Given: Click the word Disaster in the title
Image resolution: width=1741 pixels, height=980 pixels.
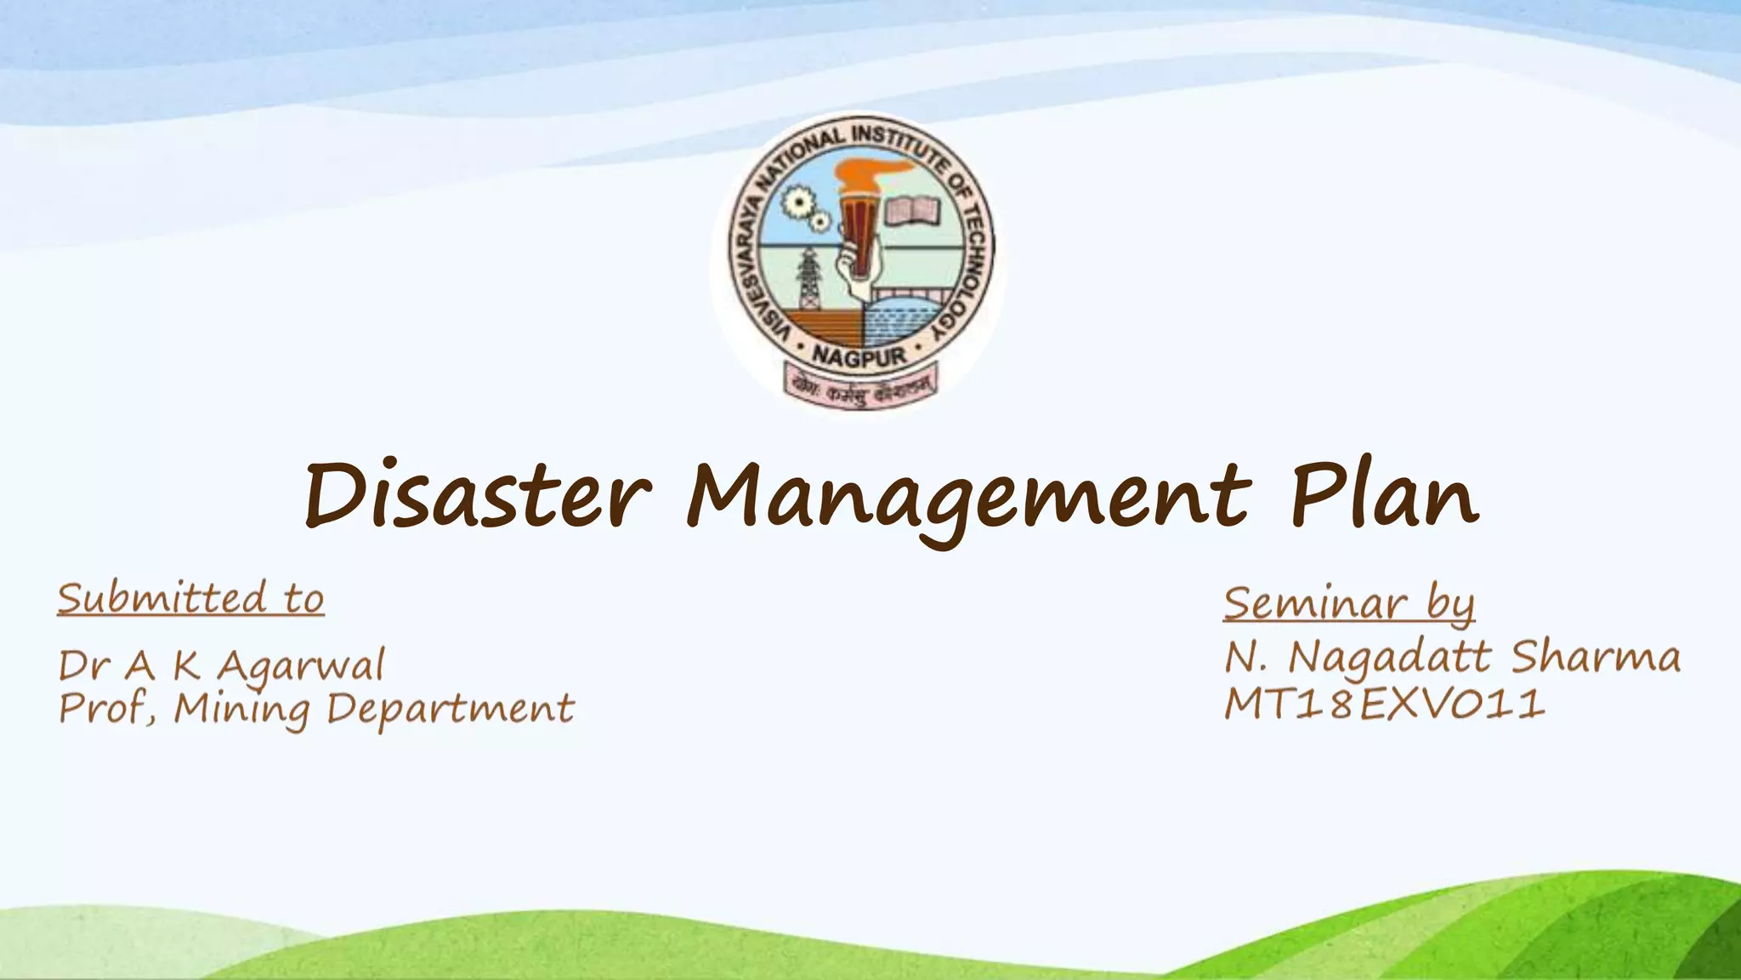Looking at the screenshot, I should tap(478, 497).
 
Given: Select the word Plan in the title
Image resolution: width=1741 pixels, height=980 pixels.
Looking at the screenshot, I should tap(1385, 495).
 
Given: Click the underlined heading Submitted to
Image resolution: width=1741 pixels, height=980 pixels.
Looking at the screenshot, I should tap(191, 598).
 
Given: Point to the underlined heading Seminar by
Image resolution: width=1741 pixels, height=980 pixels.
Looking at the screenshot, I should tap(1349, 603).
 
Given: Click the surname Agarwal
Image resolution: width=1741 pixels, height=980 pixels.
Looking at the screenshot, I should tap(301, 666).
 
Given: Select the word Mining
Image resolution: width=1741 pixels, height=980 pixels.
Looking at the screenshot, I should tap(242, 709).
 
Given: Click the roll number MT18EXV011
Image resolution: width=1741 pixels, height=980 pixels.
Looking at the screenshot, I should tap(1385, 705).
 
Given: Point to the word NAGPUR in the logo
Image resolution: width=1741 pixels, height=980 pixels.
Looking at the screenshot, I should tap(859, 356).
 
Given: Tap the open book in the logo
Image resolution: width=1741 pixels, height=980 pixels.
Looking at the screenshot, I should tap(912, 211).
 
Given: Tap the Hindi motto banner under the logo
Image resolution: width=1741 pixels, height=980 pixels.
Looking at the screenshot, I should tap(859, 387).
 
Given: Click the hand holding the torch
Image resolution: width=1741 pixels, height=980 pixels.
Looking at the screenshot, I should tap(854, 269).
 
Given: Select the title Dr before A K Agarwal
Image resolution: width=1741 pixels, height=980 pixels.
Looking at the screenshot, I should tap(84, 666).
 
